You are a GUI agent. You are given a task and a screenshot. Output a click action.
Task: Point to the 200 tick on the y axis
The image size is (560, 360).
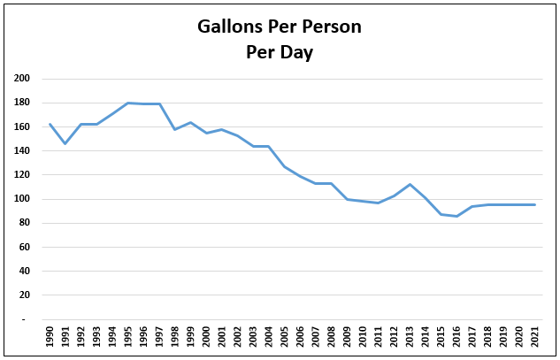point(22,79)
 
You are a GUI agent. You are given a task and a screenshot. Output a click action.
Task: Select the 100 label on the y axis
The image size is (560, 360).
point(22,199)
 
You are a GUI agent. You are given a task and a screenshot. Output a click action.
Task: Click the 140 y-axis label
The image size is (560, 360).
point(22,151)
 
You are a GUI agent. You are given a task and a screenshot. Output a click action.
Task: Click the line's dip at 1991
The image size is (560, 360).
point(65,143)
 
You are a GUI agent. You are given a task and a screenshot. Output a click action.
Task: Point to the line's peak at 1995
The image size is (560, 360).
point(128,103)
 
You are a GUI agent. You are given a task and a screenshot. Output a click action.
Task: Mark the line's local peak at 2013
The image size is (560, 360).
point(410,184)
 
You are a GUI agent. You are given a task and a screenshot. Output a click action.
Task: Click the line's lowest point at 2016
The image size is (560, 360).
point(456,216)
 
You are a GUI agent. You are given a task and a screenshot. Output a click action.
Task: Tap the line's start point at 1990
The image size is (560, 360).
point(50,124)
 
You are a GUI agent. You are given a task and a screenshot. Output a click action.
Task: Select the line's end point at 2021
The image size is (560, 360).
point(534,204)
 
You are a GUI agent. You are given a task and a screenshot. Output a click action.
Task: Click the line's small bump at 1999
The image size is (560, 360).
point(191,123)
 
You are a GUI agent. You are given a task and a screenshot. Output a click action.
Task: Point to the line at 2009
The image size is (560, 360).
point(347,199)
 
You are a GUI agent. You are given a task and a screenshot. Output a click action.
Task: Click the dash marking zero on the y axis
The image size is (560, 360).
point(26,319)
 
